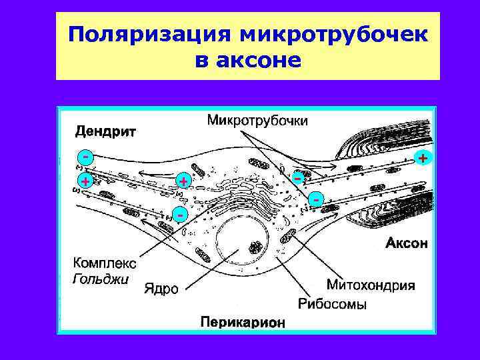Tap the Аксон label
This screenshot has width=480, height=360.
[x=407, y=243]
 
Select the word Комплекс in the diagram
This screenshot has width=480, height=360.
[x=104, y=263]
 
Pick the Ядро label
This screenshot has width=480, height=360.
[x=161, y=289]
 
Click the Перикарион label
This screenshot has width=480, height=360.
[x=243, y=323]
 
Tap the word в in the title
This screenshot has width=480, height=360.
[x=202, y=61]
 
